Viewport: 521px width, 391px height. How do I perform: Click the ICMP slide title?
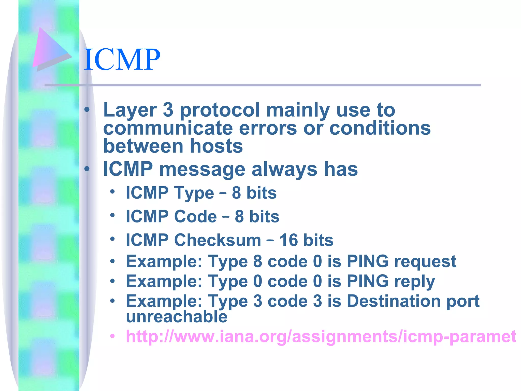click(122, 60)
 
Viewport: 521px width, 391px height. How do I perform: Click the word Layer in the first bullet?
click(130, 110)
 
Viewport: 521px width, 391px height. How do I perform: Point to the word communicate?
click(168, 128)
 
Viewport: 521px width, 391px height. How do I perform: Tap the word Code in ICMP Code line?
click(195, 217)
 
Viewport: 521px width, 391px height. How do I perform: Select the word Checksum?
click(218, 240)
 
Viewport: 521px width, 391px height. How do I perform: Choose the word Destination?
click(394, 301)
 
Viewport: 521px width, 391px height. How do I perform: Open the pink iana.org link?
click(321, 337)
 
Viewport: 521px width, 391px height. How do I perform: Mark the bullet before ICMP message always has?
click(87, 169)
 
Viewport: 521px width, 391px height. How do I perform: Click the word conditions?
click(380, 128)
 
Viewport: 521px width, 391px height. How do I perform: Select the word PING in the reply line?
click(368, 281)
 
